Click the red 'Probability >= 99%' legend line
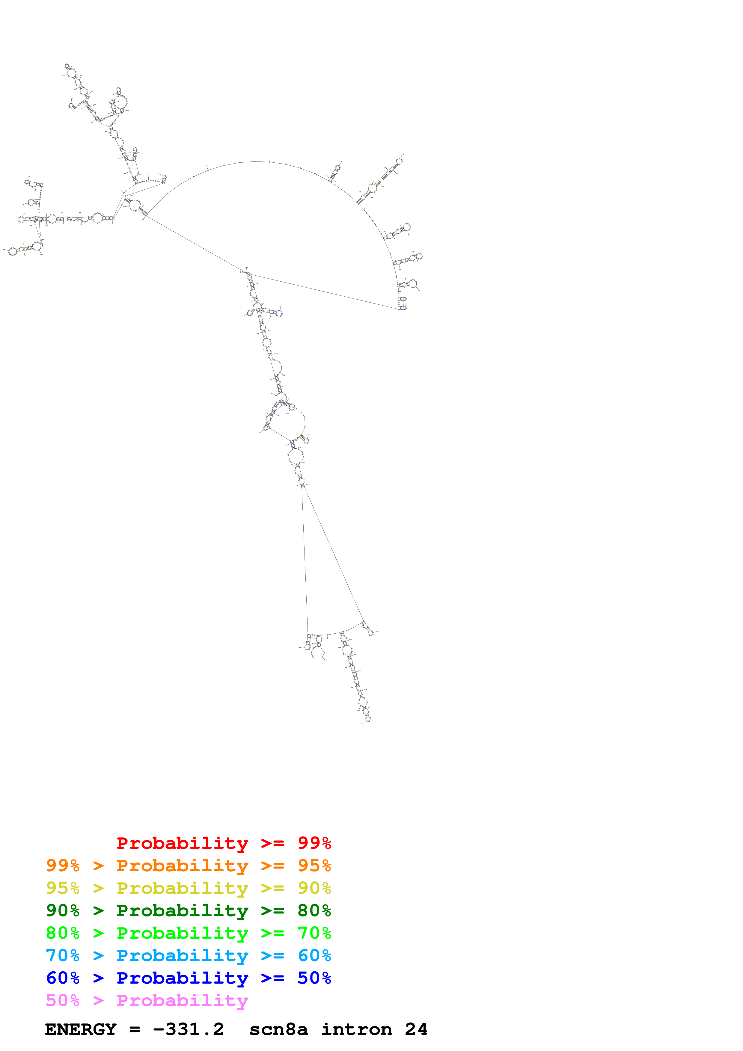pyautogui.click(x=223, y=843)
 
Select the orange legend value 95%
pyautogui.click(x=314, y=866)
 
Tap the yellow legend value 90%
pyautogui.click(x=314, y=888)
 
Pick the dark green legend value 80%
pyautogui.click(x=314, y=910)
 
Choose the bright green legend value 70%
pyautogui.click(x=314, y=933)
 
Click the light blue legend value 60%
pyautogui.click(x=314, y=955)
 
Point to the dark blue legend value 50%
pyautogui.click(x=314, y=978)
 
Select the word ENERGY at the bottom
pyautogui.click(x=81, y=1029)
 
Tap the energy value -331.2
pyautogui.click(x=188, y=1029)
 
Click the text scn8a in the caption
pyautogui.click(x=278, y=1029)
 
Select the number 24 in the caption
pyautogui.click(x=416, y=1029)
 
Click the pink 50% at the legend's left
pyautogui.click(x=63, y=1000)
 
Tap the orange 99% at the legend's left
pyautogui.click(x=63, y=866)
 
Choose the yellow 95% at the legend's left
pyautogui.click(x=63, y=888)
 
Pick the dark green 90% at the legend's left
pyautogui.click(x=63, y=910)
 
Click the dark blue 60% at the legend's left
pyautogui.click(x=63, y=978)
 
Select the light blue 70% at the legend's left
pyautogui.click(x=63, y=955)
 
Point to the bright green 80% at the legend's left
pyautogui.click(x=63, y=933)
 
